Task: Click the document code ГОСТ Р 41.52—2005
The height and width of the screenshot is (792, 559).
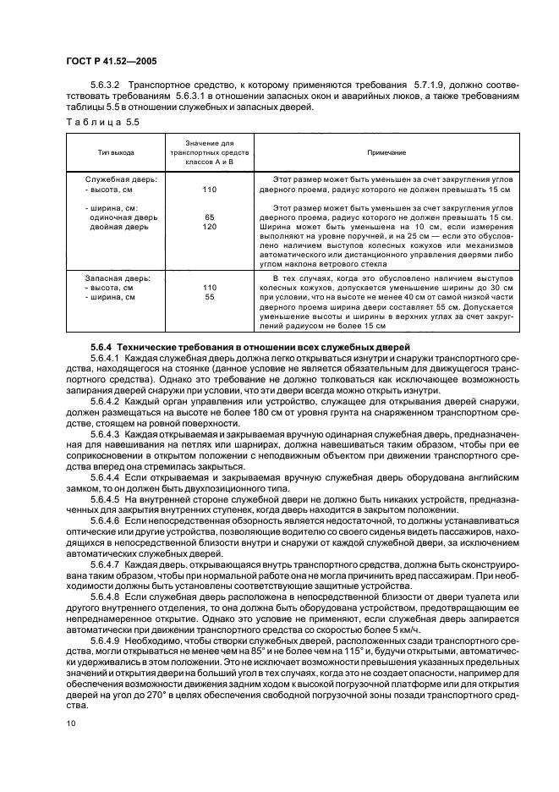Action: coord(108,61)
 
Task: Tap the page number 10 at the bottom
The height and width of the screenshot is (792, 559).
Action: coord(70,723)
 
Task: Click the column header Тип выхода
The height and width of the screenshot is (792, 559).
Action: coord(116,152)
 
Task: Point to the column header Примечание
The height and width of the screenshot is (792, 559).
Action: coord(386,152)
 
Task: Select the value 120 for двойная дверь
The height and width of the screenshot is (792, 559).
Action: coord(210,227)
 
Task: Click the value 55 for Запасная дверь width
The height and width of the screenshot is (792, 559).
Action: coord(210,297)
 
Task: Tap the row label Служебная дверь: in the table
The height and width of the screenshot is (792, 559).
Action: coord(116,180)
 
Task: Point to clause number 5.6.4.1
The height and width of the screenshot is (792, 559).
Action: coord(107,358)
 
